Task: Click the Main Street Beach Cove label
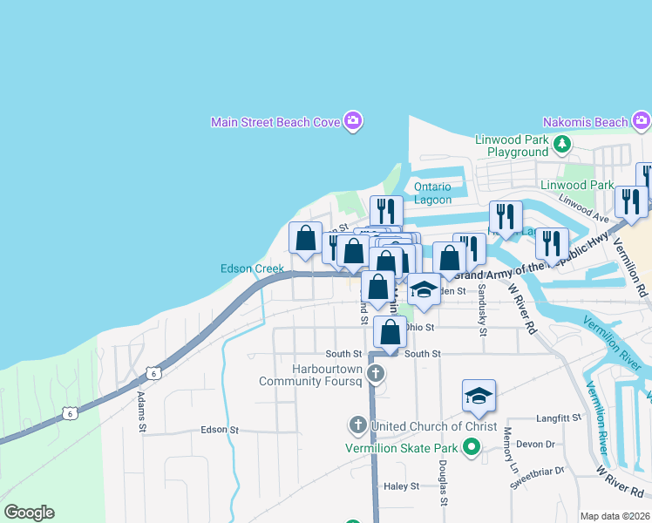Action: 275,122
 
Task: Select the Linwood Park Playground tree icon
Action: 563,144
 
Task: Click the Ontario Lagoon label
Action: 432,193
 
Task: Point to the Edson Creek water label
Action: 252,268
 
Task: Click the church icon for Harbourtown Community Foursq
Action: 376,375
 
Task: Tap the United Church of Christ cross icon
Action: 357,426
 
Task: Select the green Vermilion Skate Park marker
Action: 472,449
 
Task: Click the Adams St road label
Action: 141,411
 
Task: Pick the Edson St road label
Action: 219,430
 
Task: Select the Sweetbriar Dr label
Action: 537,477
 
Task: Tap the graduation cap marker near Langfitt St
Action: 479,397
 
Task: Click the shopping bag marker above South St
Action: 390,332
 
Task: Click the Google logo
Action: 29,513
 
